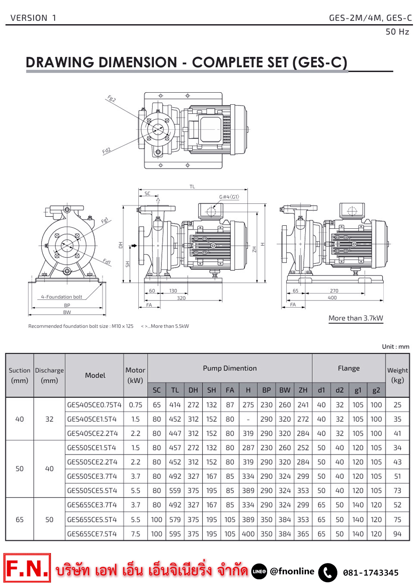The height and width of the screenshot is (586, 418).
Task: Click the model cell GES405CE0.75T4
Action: (94, 405)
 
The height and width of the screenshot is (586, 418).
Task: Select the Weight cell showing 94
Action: (397, 534)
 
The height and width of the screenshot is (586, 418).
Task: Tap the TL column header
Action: (175, 390)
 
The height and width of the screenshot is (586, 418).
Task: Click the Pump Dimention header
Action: (229, 368)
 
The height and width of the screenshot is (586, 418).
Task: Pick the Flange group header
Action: (349, 368)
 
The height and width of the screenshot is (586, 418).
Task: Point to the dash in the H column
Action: (248, 419)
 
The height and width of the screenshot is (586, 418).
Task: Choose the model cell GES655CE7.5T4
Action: (92, 534)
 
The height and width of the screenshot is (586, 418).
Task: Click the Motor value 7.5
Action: (135, 534)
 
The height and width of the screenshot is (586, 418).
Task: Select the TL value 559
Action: (175, 491)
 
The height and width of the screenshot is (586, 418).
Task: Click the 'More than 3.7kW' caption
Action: (356, 318)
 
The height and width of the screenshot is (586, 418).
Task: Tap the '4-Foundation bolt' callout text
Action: (61, 297)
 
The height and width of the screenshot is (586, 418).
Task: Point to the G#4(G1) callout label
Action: (229, 197)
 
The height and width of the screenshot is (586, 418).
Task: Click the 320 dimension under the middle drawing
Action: (181, 298)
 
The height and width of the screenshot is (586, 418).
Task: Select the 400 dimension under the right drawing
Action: (332, 298)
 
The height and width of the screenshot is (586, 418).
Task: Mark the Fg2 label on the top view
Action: (111, 99)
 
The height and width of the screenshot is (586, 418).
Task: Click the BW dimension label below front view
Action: (67, 312)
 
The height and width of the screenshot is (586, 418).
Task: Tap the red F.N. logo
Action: (27, 568)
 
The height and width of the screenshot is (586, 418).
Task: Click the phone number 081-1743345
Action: (371, 573)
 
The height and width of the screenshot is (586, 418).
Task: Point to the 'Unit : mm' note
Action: (395, 346)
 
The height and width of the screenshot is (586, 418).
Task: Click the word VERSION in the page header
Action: (29, 18)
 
